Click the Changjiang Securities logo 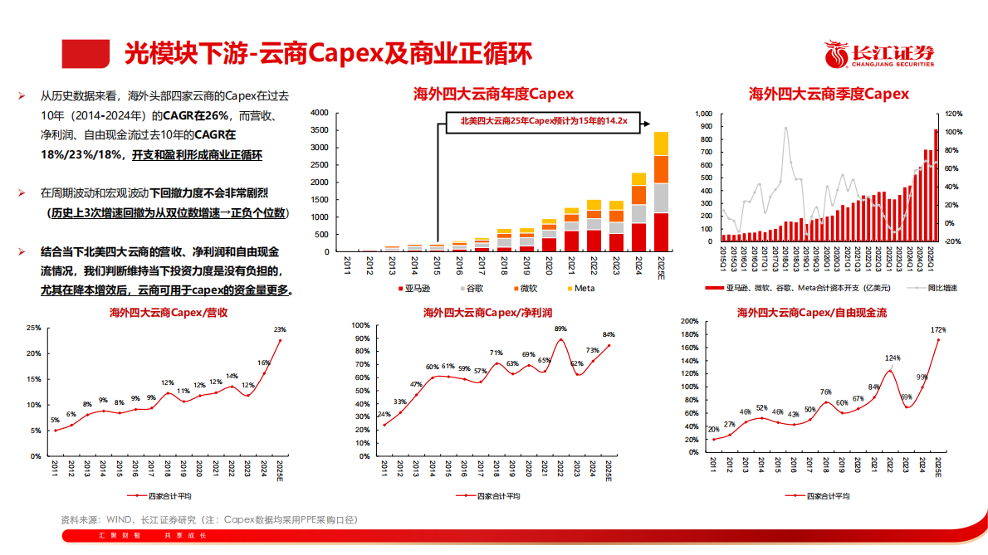click(879, 55)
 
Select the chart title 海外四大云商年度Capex click(494, 94)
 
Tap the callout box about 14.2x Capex click(544, 121)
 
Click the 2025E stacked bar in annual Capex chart click(661, 191)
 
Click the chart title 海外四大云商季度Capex click(829, 94)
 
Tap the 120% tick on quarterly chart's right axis click(953, 114)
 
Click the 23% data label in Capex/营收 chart click(280, 329)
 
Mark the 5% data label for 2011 click(55, 421)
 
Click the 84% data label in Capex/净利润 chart click(609, 335)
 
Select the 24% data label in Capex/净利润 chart click(384, 414)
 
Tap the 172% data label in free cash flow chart click(938, 330)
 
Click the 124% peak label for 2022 click(893, 358)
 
